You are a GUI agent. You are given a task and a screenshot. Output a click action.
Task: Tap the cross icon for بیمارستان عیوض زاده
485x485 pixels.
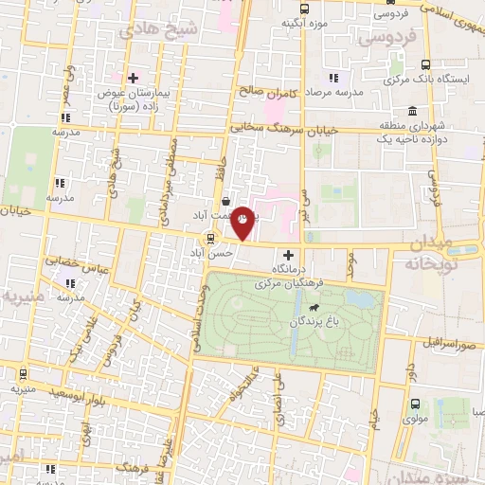(x=134, y=78)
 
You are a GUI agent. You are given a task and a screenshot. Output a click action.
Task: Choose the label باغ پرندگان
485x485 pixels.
(x=313, y=322)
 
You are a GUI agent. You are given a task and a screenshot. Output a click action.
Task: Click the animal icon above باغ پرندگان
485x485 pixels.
(x=313, y=308)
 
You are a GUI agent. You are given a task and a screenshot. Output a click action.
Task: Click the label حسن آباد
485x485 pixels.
(x=221, y=254)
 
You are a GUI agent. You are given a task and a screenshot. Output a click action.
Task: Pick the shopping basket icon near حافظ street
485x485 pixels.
(x=225, y=201)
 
